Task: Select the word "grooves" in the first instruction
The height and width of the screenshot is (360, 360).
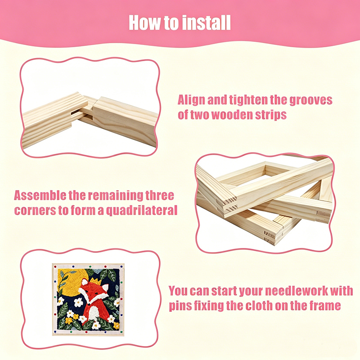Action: click(x=310, y=100)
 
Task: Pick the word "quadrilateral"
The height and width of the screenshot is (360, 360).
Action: click(x=141, y=211)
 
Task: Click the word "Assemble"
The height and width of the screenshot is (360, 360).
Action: click(x=40, y=196)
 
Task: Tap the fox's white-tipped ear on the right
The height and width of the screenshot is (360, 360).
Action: click(x=105, y=288)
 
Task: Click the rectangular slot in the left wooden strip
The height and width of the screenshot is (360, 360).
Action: click(x=75, y=113)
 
